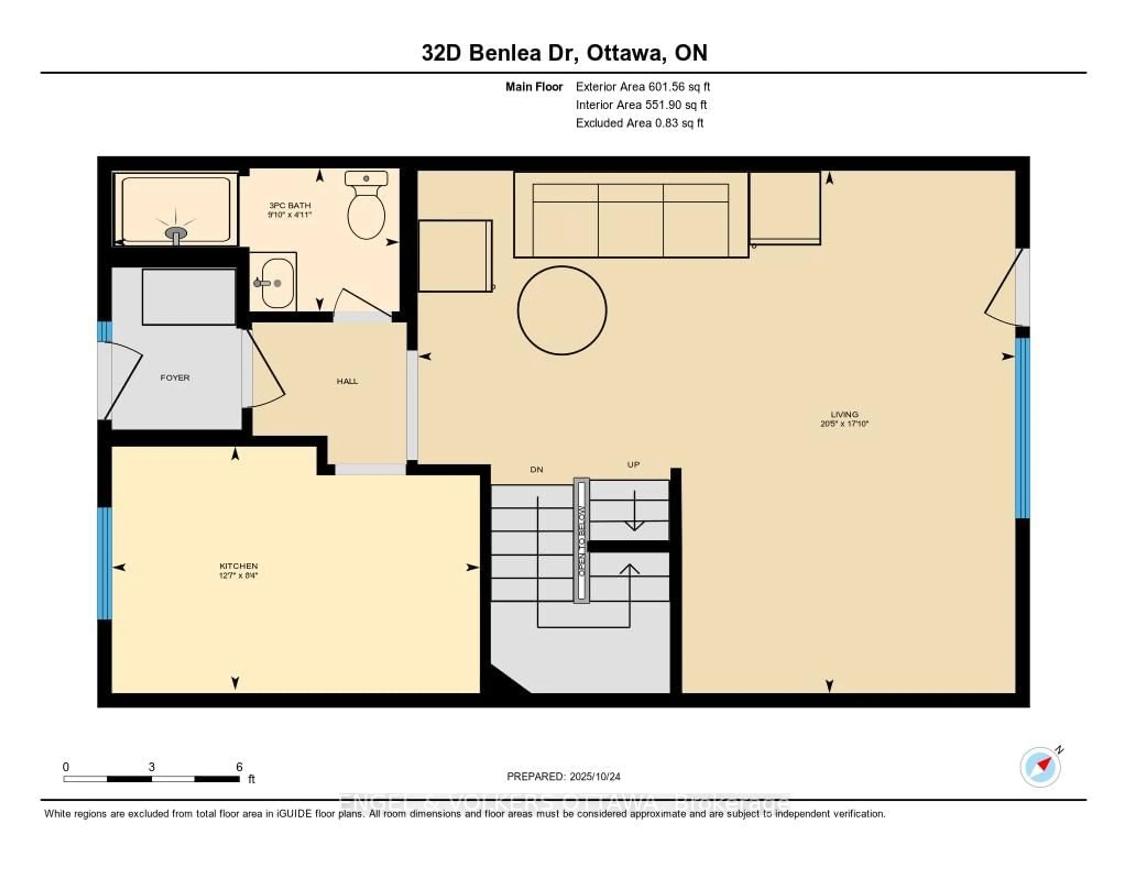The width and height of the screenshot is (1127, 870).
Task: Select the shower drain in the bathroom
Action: click(x=176, y=233)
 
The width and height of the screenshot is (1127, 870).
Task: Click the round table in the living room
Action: click(x=562, y=310)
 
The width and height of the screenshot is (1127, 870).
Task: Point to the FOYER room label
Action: click(x=175, y=378)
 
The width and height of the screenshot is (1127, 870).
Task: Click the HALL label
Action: click(x=347, y=381)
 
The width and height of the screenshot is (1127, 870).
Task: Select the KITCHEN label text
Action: click(x=238, y=566)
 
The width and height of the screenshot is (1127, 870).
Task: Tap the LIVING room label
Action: click(x=844, y=414)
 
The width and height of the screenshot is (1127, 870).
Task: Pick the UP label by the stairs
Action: click(x=633, y=464)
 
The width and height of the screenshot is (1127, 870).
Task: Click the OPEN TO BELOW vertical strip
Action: click(x=581, y=540)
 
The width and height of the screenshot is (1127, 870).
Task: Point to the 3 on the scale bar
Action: click(x=151, y=767)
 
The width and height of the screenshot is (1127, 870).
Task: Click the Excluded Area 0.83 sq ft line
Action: click(x=639, y=123)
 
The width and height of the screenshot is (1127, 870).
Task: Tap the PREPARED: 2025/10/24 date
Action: click(x=563, y=776)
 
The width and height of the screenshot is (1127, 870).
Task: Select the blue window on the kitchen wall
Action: click(x=104, y=563)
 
